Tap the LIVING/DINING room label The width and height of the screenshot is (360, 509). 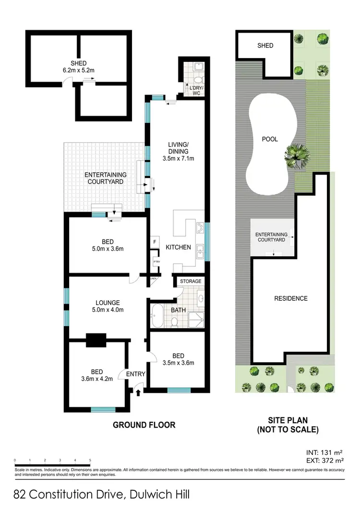tap(178, 151)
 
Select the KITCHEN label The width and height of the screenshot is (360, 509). tap(179, 248)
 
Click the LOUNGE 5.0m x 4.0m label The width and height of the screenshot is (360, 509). tap(107, 306)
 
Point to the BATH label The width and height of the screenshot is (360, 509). tap(178, 310)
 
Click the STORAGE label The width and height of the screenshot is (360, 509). tap(191, 281)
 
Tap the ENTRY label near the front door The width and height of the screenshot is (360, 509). tap(135, 374)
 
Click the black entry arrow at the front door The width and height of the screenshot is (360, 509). tap(139, 393)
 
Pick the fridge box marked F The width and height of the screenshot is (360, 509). tap(155, 242)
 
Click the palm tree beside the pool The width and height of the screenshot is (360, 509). tap(296, 156)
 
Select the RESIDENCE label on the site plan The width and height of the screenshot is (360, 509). tap(290, 298)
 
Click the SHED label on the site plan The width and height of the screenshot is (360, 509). tap(265, 46)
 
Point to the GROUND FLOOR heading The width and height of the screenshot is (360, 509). tap(144, 425)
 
